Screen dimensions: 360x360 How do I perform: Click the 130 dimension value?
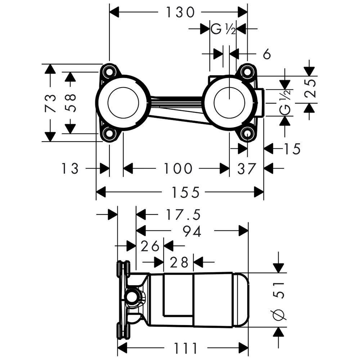[x=180, y=13]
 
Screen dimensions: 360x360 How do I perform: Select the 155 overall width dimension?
[x=185, y=192]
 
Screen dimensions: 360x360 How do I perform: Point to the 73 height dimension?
[x=51, y=103]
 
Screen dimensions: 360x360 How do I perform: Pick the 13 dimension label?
[x=70, y=168]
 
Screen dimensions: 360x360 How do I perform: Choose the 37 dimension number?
[x=247, y=168]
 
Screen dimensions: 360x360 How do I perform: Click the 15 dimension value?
[x=291, y=149]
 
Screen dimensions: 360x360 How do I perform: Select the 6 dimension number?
[x=267, y=54]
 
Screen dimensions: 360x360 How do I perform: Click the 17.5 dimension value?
[x=183, y=215]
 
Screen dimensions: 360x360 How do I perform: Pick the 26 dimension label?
[x=150, y=246]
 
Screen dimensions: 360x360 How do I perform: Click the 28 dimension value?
[x=179, y=262]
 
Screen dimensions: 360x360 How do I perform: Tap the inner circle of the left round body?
[x=123, y=102]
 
